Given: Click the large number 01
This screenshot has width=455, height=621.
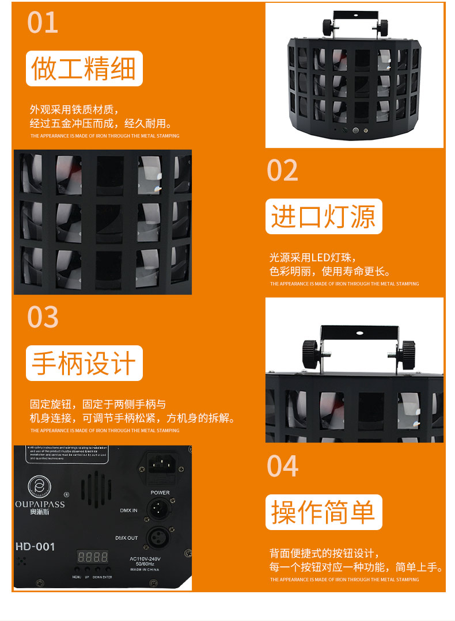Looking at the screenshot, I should tap(43, 22).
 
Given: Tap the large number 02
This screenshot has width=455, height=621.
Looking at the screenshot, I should tap(283, 170).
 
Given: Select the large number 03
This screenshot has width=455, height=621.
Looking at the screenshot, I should tap(43, 317).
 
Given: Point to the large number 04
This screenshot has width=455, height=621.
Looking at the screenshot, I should tap(283, 466).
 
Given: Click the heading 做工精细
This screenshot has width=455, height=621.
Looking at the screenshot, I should tap(84, 68).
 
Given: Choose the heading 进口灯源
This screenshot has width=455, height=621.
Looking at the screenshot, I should tap(323, 216).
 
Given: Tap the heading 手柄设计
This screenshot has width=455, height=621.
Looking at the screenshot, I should tap(84, 363).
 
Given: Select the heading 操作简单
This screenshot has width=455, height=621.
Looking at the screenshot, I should tap(323, 512).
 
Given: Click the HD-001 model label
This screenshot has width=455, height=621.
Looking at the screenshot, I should tap(35, 546).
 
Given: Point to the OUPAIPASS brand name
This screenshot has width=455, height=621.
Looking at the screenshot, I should tap(40, 505).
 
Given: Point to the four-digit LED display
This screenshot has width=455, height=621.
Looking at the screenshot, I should tap(93, 557).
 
